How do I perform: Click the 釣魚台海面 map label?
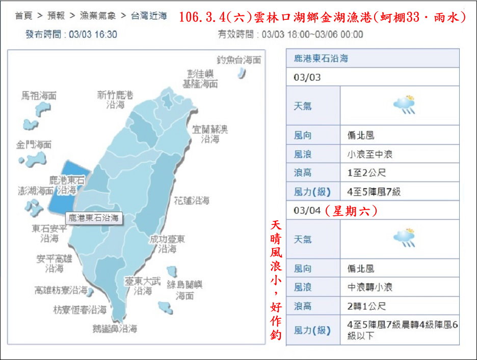(238, 60)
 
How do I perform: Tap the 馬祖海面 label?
(39, 96)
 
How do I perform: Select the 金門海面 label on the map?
(34, 145)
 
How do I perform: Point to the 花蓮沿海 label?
(191, 201)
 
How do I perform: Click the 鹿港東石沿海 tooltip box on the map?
(94, 218)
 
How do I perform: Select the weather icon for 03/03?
(404, 105)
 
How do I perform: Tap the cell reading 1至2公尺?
(366, 173)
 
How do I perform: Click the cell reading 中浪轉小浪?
(370, 287)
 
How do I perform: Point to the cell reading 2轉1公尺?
(366, 306)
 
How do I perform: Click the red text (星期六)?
(351, 211)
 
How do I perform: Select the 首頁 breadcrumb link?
(22, 16)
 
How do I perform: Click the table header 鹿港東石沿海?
(321, 59)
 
